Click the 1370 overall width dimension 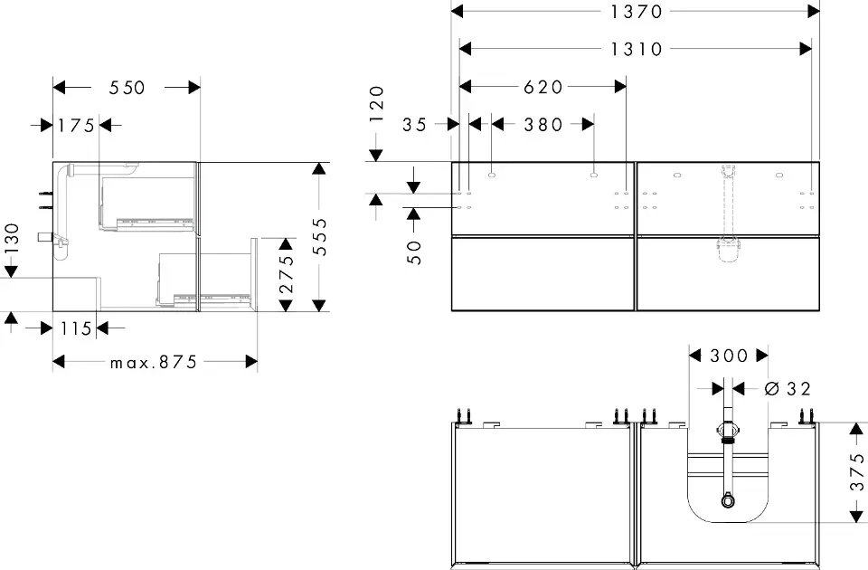(x=636, y=12)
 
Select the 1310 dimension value (x=636, y=49)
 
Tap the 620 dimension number (x=543, y=87)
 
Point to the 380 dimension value (x=543, y=125)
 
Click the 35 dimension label (x=415, y=125)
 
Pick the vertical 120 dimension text (x=376, y=103)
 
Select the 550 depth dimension (x=127, y=88)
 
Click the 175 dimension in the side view (x=76, y=126)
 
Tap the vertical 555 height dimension (x=319, y=236)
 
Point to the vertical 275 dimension (x=287, y=274)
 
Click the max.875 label (x=154, y=362)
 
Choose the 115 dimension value (x=76, y=329)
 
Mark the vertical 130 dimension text (x=12, y=239)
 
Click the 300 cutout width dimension (x=729, y=356)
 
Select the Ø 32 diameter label (x=788, y=389)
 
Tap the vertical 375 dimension (x=857, y=471)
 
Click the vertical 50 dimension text (x=415, y=252)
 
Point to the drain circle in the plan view (x=728, y=501)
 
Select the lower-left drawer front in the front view (x=543, y=273)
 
